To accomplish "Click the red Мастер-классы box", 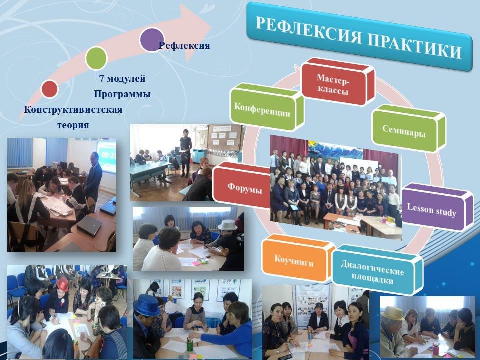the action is [x=338, y=82].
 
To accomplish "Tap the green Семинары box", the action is [x=408, y=128].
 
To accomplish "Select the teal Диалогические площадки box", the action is [x=377, y=270].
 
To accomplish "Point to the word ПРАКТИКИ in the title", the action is [x=414, y=46].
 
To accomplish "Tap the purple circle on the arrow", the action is [x=152, y=40].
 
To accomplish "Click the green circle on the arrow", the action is [x=96, y=58].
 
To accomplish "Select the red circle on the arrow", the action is [x=49, y=89].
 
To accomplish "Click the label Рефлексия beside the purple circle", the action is [x=184, y=46].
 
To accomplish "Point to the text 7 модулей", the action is [x=122, y=78].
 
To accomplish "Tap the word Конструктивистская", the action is [x=73, y=109].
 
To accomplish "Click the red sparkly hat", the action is [x=63, y=285].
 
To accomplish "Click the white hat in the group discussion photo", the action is [x=228, y=225].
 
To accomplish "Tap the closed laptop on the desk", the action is [x=89, y=225].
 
